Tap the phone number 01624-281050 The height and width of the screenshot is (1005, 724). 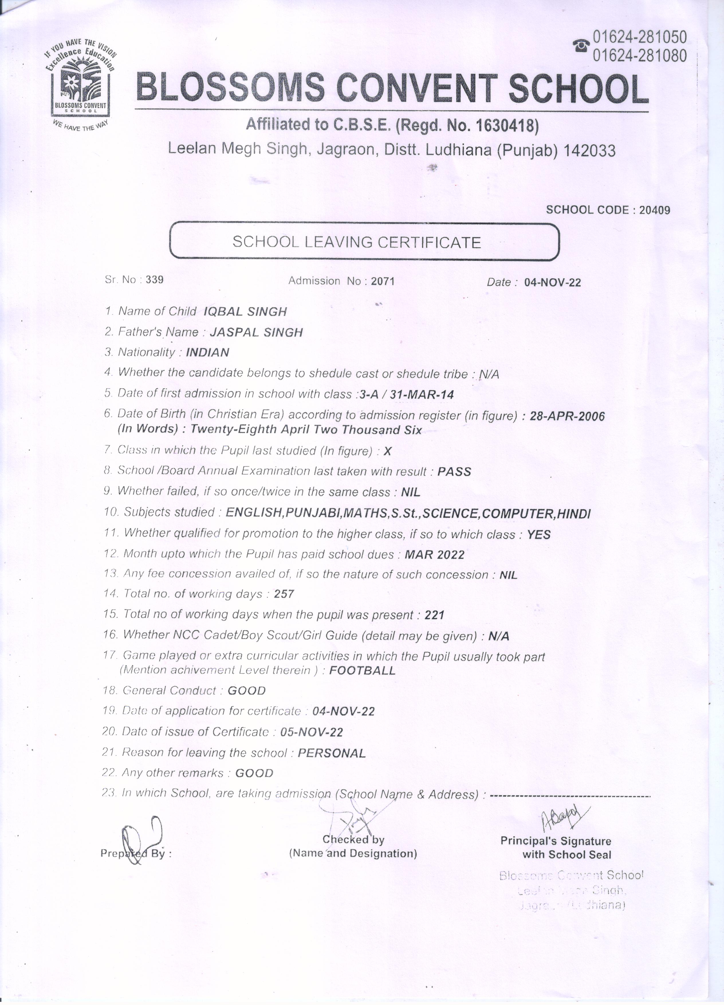640,37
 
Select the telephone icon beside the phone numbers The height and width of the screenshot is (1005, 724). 581,45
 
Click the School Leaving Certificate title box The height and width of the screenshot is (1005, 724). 364,242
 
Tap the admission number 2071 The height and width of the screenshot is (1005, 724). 383,281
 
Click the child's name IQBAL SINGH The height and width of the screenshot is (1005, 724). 245,312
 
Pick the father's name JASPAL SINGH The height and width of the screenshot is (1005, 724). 256,332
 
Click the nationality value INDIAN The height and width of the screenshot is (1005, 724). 207,353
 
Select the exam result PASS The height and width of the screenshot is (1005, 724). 454,471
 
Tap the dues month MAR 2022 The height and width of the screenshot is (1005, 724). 434,555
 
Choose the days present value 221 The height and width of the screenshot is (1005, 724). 434,615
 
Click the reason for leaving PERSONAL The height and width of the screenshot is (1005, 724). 332,753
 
